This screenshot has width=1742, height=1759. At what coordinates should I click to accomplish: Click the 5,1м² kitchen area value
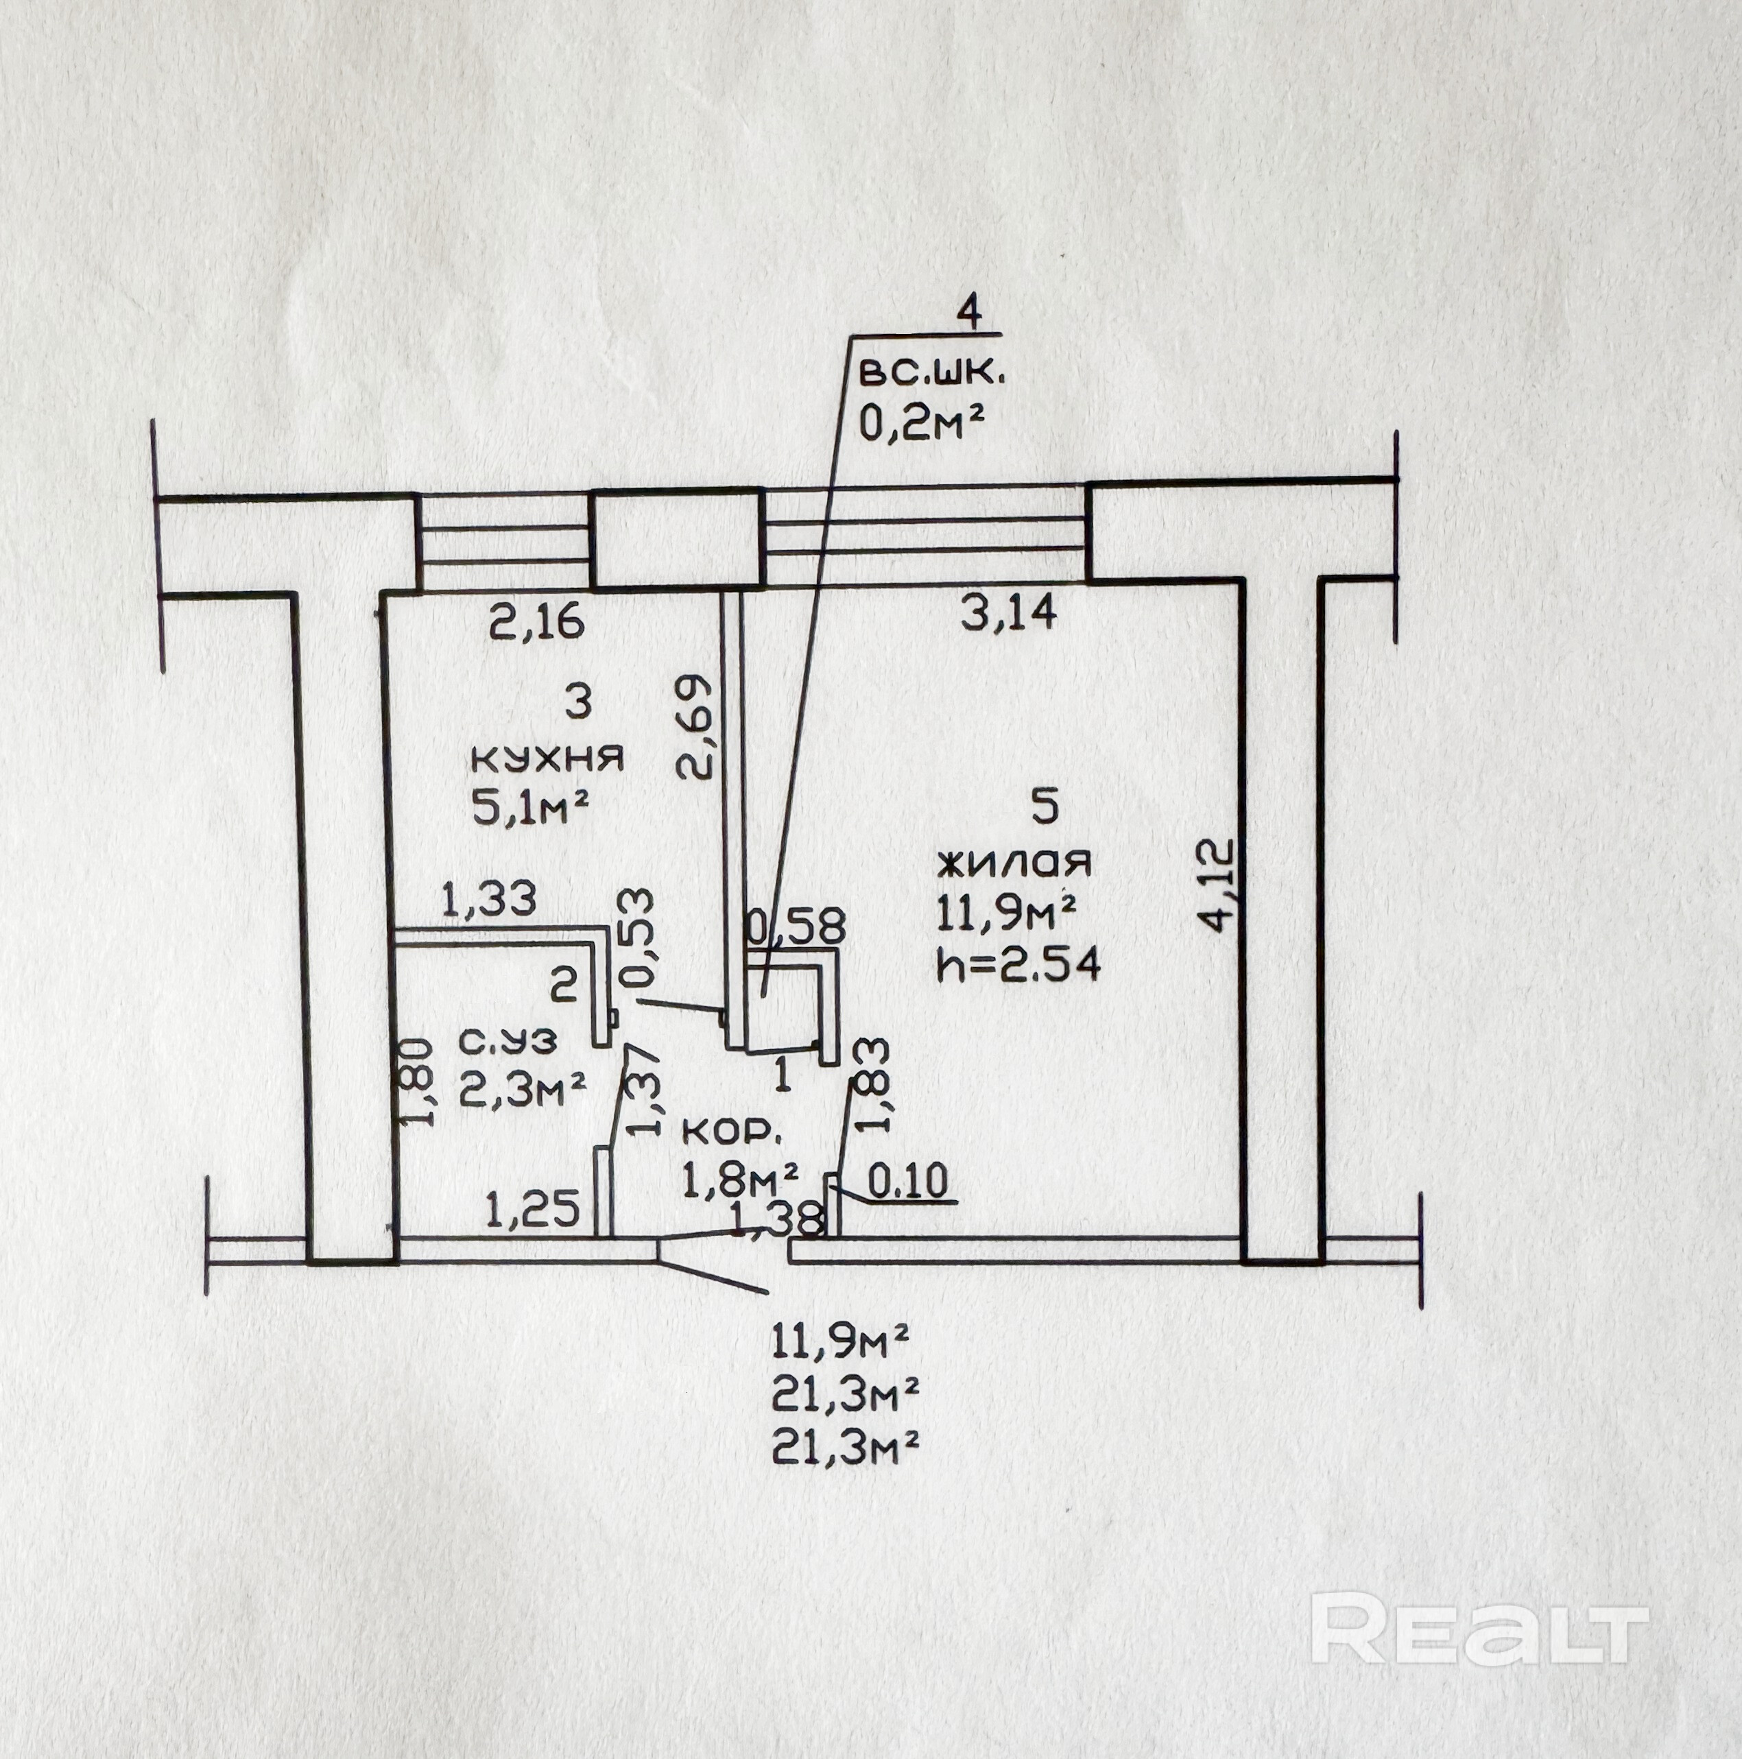point(528,808)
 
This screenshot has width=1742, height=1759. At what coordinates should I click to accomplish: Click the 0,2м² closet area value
point(923,422)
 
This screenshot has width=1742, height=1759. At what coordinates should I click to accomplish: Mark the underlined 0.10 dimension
point(908,1182)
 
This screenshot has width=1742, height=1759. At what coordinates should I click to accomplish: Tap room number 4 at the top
point(970,314)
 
